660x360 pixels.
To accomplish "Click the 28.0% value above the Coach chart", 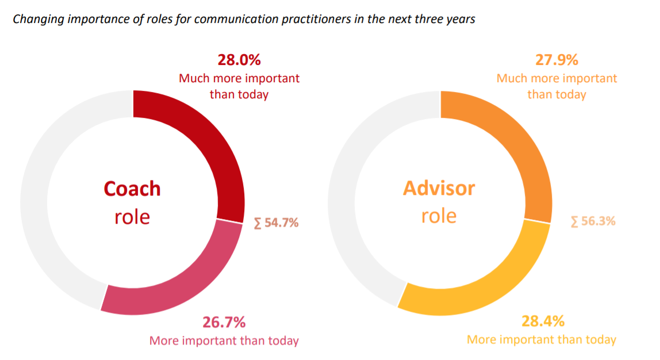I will [239, 60].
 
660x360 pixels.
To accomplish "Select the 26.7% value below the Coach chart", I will [224, 322].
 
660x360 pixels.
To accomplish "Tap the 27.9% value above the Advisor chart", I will [557, 60].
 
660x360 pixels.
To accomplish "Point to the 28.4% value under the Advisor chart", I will [543, 321].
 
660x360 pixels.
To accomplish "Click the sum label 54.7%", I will [277, 223].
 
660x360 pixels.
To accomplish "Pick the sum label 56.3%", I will [593, 221].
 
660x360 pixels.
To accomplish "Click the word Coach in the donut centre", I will [132, 189].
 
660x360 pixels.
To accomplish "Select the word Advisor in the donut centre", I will [439, 188].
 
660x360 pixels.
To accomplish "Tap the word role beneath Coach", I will [132, 217].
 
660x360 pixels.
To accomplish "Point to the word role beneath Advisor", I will [439, 216].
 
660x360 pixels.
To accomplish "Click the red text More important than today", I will [224, 340].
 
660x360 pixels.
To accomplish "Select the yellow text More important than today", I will [542, 339].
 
